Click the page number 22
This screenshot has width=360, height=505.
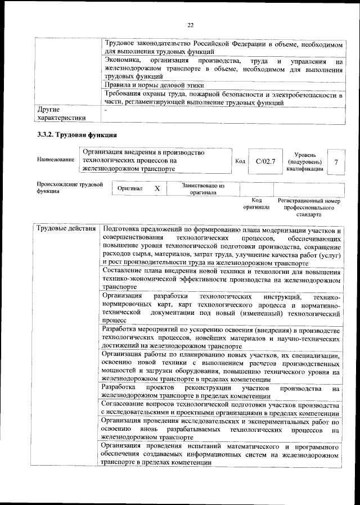point(190,25)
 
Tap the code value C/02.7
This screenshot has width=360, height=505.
point(264,161)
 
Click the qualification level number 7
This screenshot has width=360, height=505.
point(336,161)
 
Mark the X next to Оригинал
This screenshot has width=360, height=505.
point(157,189)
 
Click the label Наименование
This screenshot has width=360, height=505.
point(56,160)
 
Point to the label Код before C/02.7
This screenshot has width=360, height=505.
point(240,161)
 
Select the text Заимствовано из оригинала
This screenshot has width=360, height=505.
point(203,188)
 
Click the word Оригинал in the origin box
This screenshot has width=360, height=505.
point(130,189)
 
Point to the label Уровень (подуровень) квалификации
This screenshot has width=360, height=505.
point(304,161)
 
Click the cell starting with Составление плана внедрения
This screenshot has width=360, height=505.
point(221,278)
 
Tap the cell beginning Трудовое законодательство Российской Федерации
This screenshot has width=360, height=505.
point(223,47)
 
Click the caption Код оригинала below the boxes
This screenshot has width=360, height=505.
point(256,204)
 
